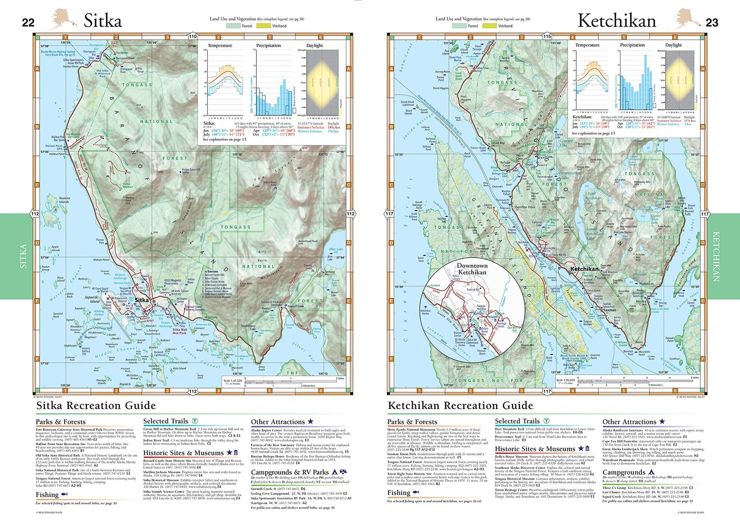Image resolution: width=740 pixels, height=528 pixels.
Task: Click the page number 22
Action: coord(28,22)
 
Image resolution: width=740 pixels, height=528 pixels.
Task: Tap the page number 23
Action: coord(712,22)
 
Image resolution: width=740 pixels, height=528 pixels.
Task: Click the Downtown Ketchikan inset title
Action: coord(472,269)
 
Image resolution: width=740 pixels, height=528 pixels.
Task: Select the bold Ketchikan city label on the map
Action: coord(584,269)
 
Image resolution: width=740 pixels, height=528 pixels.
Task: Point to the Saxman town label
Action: coord(610,310)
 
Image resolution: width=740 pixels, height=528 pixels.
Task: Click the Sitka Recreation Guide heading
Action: coord(96,406)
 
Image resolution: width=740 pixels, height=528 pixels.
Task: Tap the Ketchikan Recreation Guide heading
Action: coord(460,406)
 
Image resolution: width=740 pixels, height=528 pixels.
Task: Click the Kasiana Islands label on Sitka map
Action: coord(64,200)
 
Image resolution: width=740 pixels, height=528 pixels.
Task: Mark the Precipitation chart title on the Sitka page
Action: coord(268,45)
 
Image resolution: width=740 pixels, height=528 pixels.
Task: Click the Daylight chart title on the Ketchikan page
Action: coord(673,45)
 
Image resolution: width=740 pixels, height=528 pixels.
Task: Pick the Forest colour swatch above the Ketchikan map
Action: coord(459,26)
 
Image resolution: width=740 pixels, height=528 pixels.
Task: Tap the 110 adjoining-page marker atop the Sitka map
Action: coord(192,36)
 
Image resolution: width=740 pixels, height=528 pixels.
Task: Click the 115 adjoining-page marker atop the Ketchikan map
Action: coord(547,36)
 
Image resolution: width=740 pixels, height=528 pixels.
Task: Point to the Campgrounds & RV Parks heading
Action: coord(290,472)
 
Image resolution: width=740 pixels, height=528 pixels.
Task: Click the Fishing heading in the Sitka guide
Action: coord(47,494)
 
